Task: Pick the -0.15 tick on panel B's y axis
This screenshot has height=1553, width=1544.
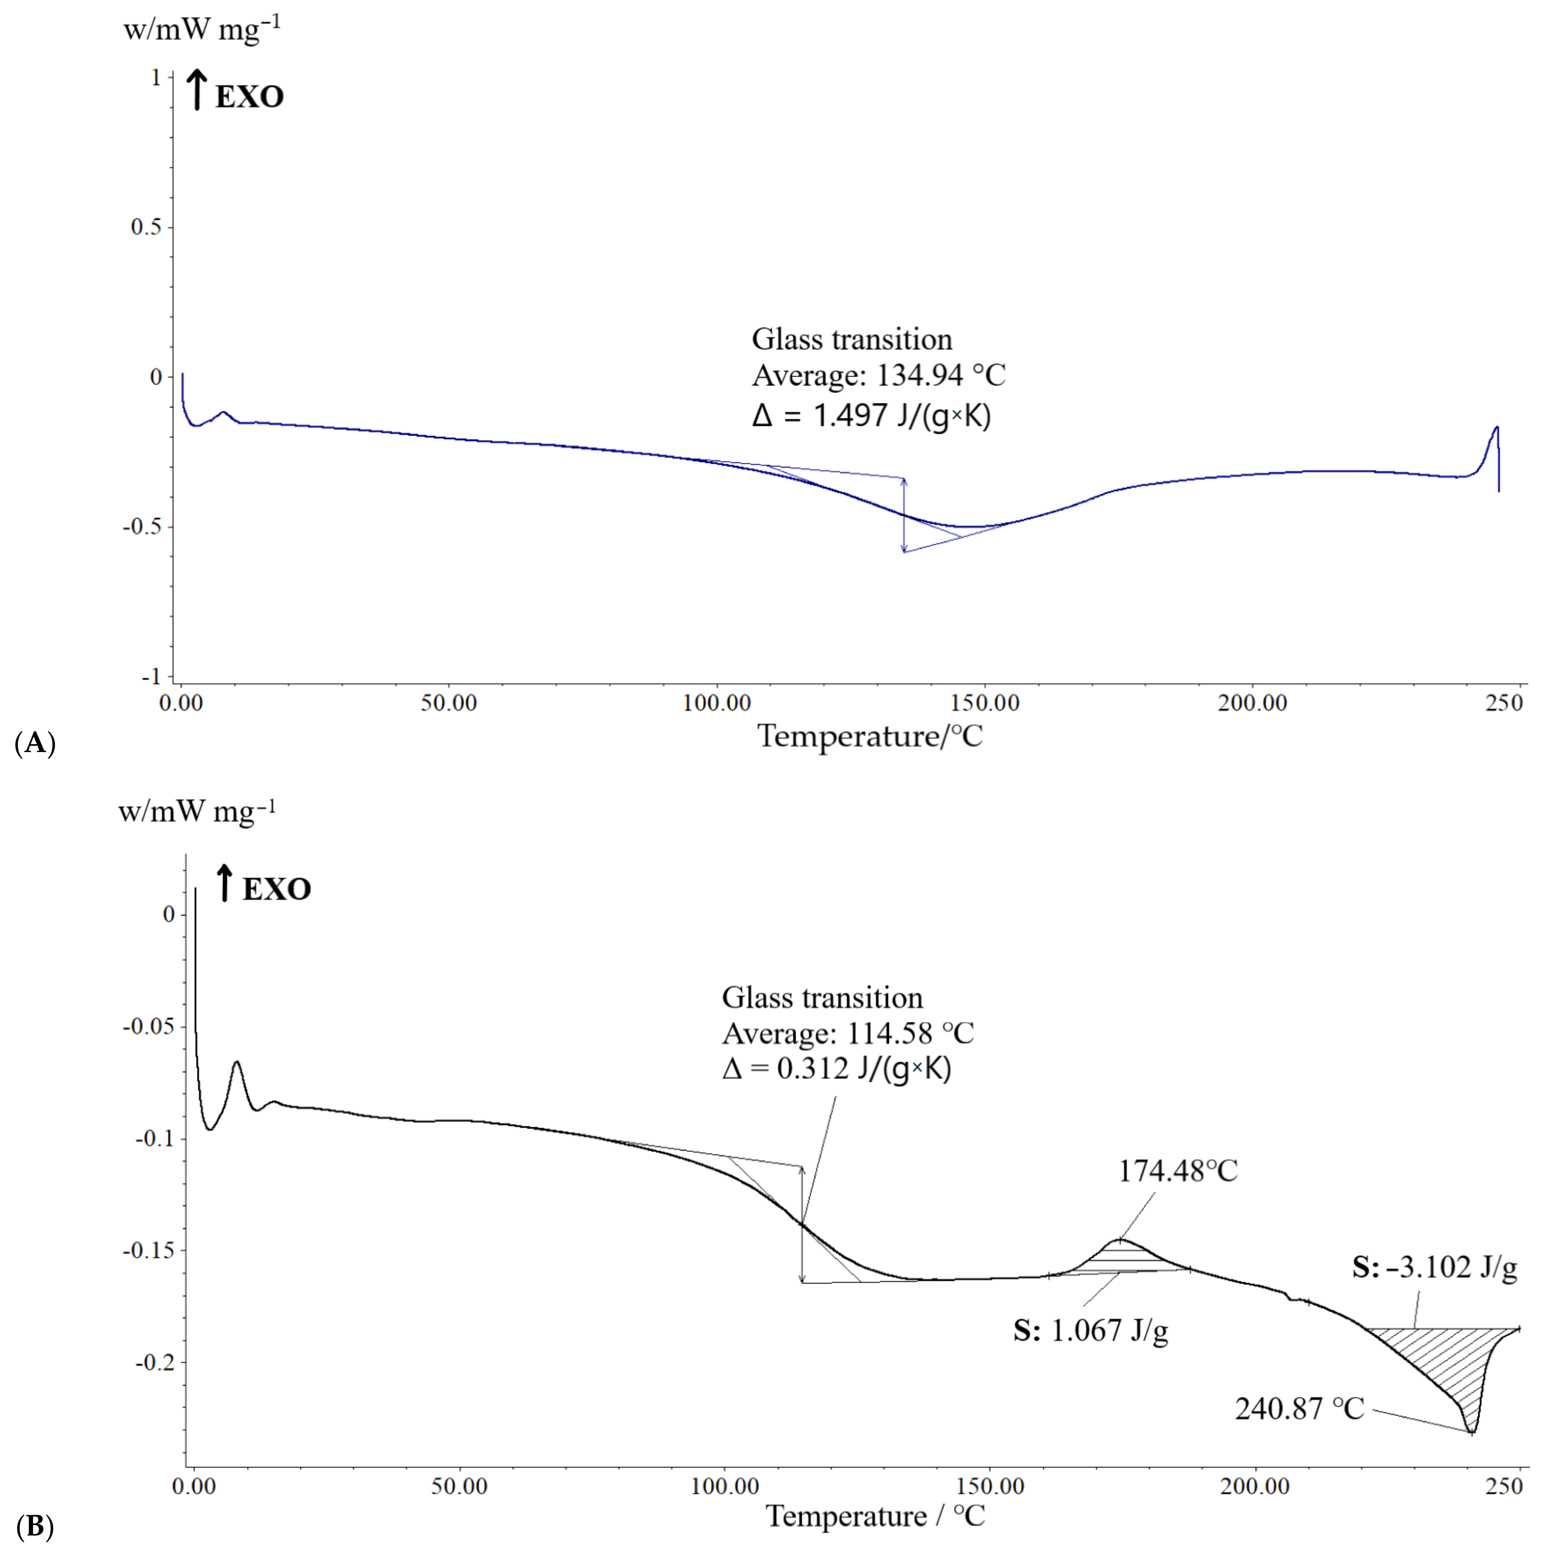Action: (148, 1250)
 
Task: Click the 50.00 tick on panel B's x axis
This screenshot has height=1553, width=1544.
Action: (459, 1486)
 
